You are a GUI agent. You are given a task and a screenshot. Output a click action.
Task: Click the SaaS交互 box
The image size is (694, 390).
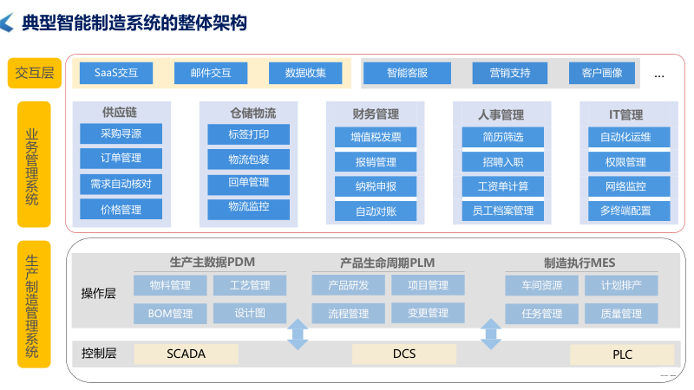tap(116, 73)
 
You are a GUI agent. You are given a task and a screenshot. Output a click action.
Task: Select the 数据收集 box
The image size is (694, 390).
tap(305, 73)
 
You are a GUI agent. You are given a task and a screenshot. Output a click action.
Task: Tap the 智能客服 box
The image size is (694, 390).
tap(406, 73)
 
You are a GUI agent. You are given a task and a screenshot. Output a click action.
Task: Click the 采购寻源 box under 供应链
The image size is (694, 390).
tap(121, 133)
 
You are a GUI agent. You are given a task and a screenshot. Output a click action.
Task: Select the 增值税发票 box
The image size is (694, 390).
tap(376, 137)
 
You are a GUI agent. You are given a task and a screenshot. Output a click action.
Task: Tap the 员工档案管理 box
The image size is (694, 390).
tap(502, 210)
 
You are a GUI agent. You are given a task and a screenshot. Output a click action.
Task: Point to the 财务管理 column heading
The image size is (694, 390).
tap(376, 114)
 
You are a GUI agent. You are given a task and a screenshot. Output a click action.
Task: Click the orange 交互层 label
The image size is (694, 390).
tap(35, 73)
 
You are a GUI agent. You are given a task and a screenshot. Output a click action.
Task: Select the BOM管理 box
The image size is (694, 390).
tap(170, 313)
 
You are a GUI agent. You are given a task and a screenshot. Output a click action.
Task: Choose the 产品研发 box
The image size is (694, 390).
tap(348, 285)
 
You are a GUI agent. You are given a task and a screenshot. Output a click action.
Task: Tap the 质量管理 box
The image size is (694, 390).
tap(620, 313)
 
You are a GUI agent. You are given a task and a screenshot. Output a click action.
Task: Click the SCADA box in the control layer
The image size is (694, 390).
tap(186, 354)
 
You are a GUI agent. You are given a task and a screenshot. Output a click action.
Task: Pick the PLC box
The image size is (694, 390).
tap(622, 354)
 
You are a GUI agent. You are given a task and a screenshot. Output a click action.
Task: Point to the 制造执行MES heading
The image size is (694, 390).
tap(579, 261)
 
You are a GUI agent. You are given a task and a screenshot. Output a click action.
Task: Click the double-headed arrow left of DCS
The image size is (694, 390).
tap(298, 334)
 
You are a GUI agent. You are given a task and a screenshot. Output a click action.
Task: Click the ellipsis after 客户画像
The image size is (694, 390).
tap(659, 75)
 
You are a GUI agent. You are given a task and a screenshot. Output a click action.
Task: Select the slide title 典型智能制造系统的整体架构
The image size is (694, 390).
tap(134, 23)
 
